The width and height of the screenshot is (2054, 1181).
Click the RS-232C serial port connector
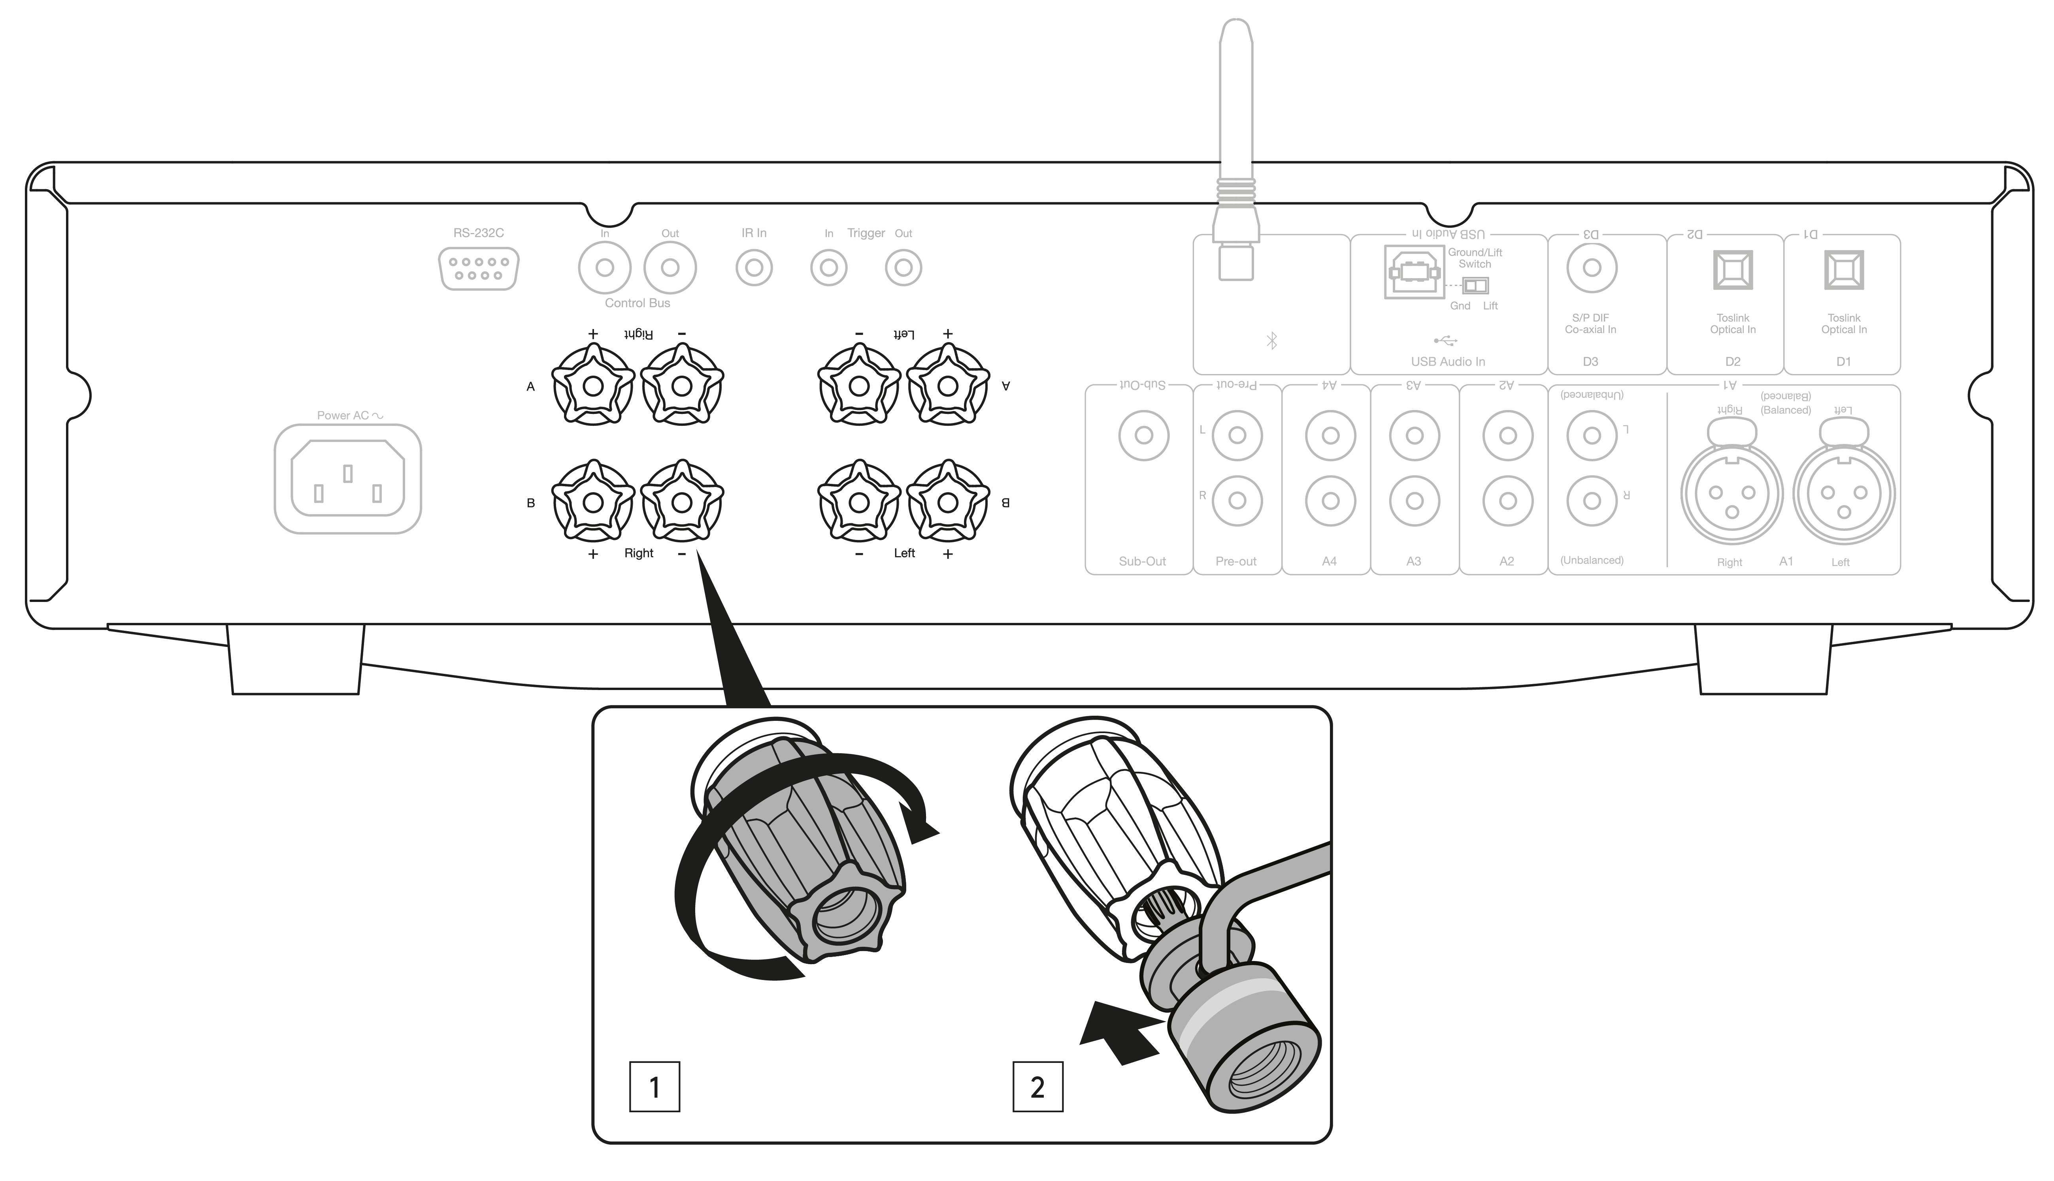point(478,269)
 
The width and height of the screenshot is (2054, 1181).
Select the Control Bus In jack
point(605,268)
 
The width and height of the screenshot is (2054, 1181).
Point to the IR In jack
point(754,268)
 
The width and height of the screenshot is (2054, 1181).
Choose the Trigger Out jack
point(903,268)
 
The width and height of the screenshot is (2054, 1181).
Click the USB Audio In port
point(1413,272)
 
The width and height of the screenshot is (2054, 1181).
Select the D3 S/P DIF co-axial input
point(1592,268)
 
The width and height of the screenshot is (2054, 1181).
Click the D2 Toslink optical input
point(1733,269)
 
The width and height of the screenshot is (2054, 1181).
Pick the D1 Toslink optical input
point(1844,269)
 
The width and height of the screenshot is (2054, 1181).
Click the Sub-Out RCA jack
point(1143,436)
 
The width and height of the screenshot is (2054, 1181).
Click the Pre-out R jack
point(1237,500)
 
